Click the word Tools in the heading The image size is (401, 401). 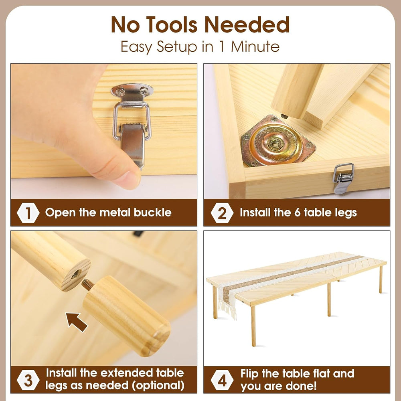tap(172, 24)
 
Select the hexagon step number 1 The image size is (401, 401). tap(28, 213)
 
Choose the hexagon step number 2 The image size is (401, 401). tap(222, 213)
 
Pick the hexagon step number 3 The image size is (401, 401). tap(28, 380)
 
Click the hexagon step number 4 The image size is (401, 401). tap(222, 380)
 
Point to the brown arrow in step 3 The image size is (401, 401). tap(76, 322)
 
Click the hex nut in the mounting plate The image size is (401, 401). tap(274, 144)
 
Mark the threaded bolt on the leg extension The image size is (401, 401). tap(88, 284)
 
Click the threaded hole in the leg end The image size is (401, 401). tap(76, 274)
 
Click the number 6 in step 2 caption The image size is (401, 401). tap(297, 213)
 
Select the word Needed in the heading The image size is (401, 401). tap(247, 24)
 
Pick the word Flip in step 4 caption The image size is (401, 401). tap(249, 374)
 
